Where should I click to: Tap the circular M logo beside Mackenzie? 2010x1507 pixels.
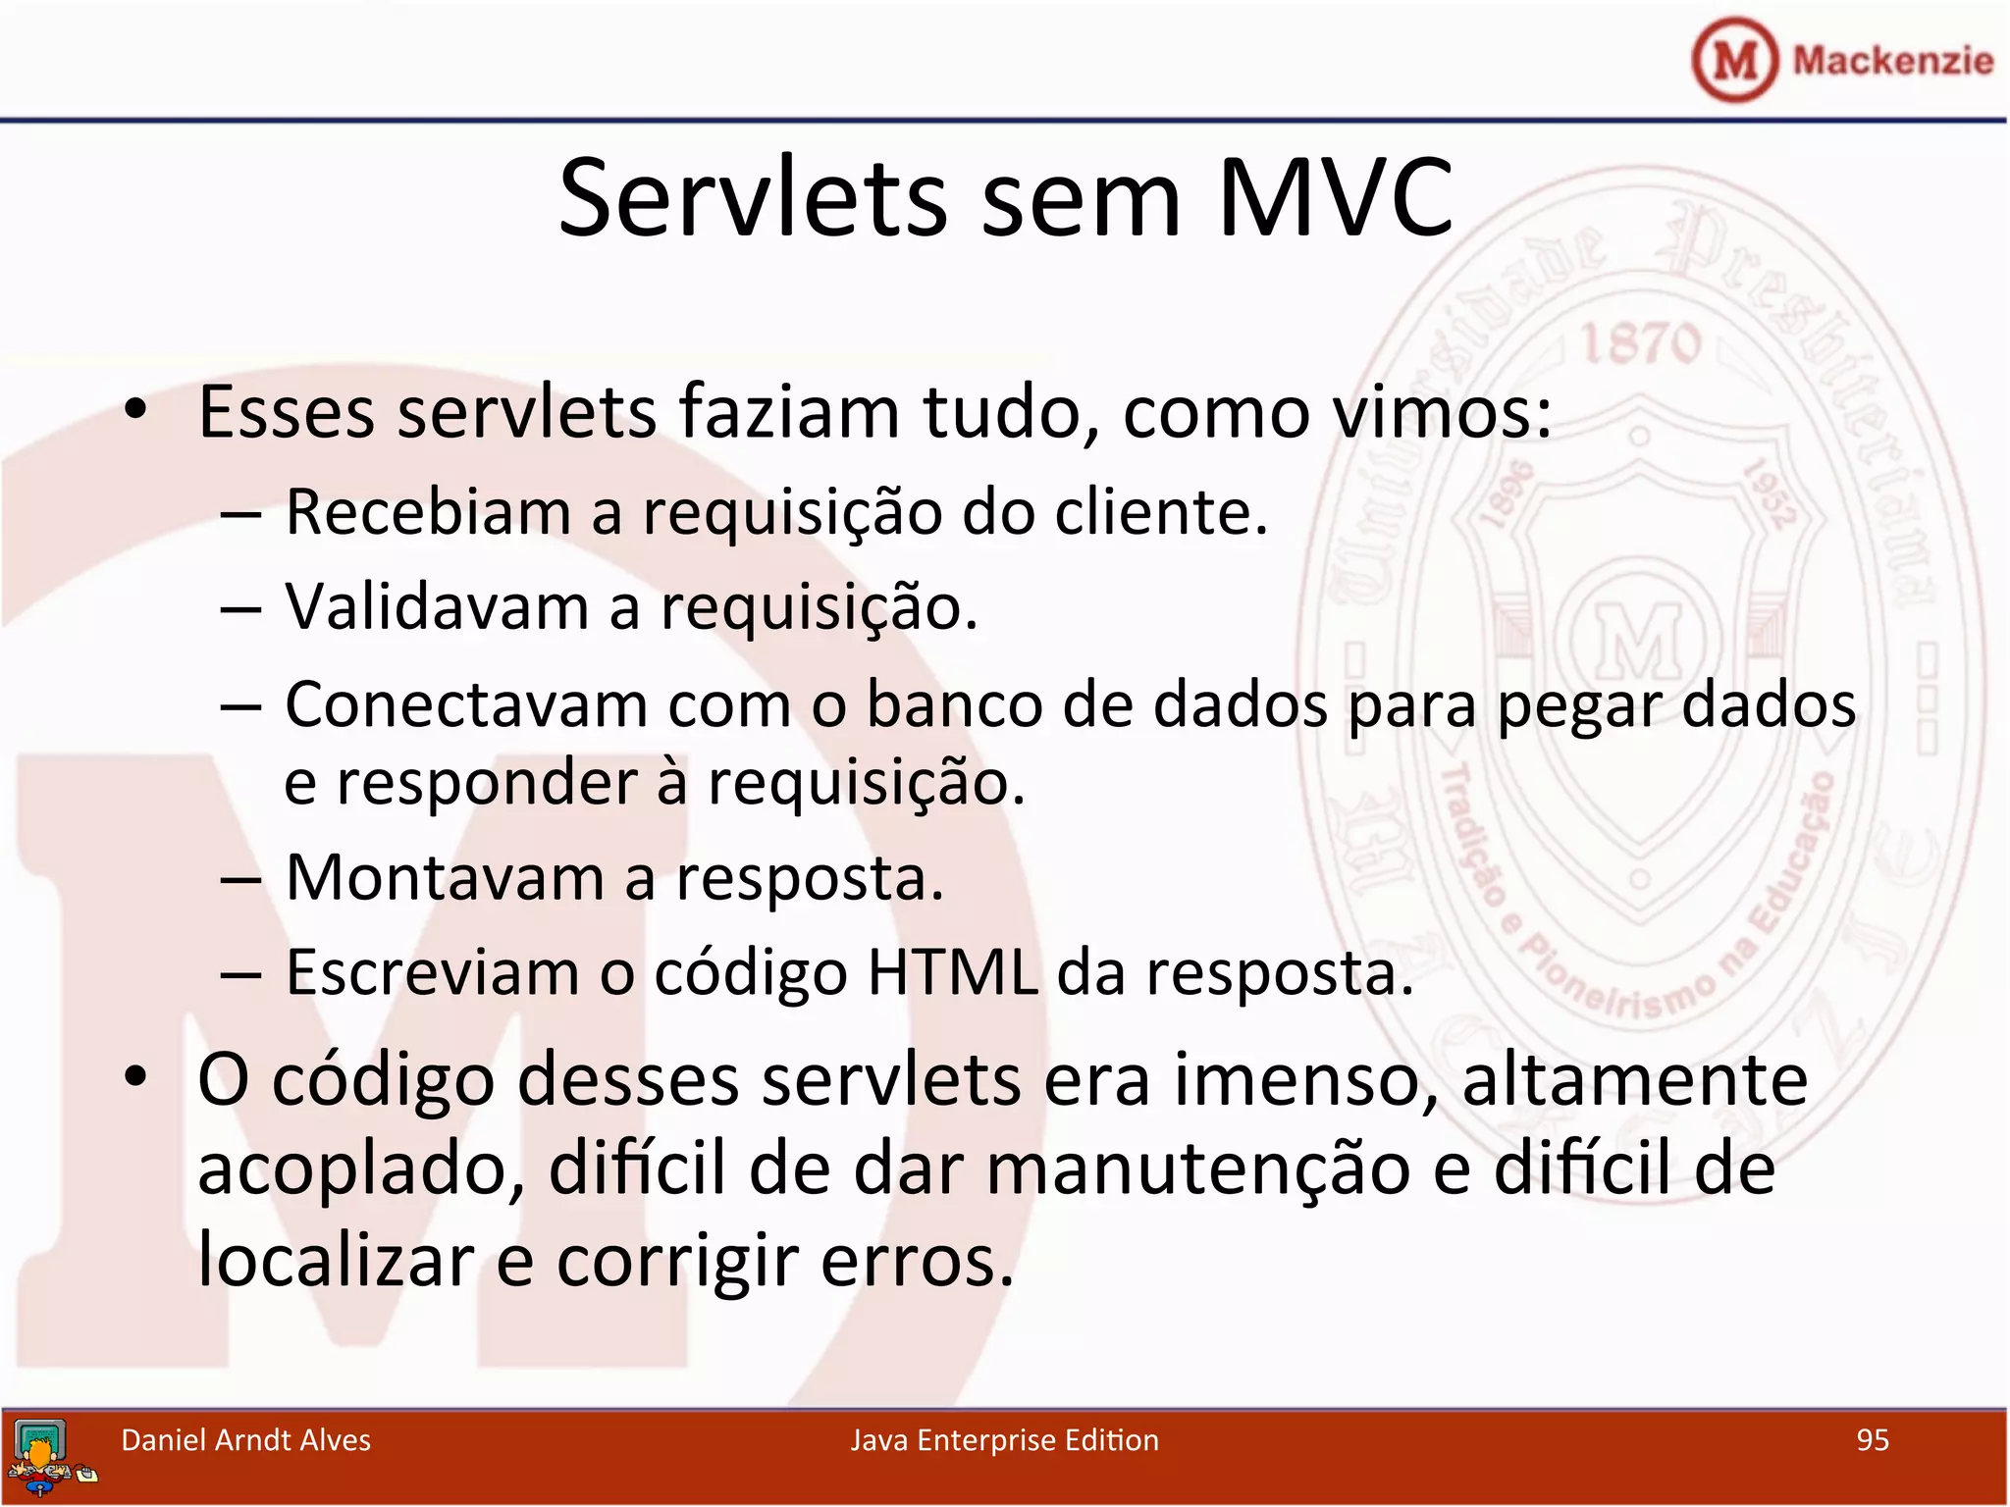(1734, 60)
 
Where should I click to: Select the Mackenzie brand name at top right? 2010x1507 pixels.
(1892, 61)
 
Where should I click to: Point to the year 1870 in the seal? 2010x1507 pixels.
(1641, 344)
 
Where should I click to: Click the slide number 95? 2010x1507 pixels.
(1873, 1439)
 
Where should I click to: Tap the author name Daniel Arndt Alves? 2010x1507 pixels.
(245, 1439)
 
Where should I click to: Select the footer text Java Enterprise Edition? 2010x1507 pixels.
(1004, 1439)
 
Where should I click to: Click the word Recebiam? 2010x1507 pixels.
(428, 512)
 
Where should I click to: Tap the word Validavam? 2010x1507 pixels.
(437, 607)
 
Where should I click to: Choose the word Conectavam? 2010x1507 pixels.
(466, 704)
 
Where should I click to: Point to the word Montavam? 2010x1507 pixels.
(445, 877)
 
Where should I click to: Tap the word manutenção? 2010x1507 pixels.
(1198, 1169)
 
